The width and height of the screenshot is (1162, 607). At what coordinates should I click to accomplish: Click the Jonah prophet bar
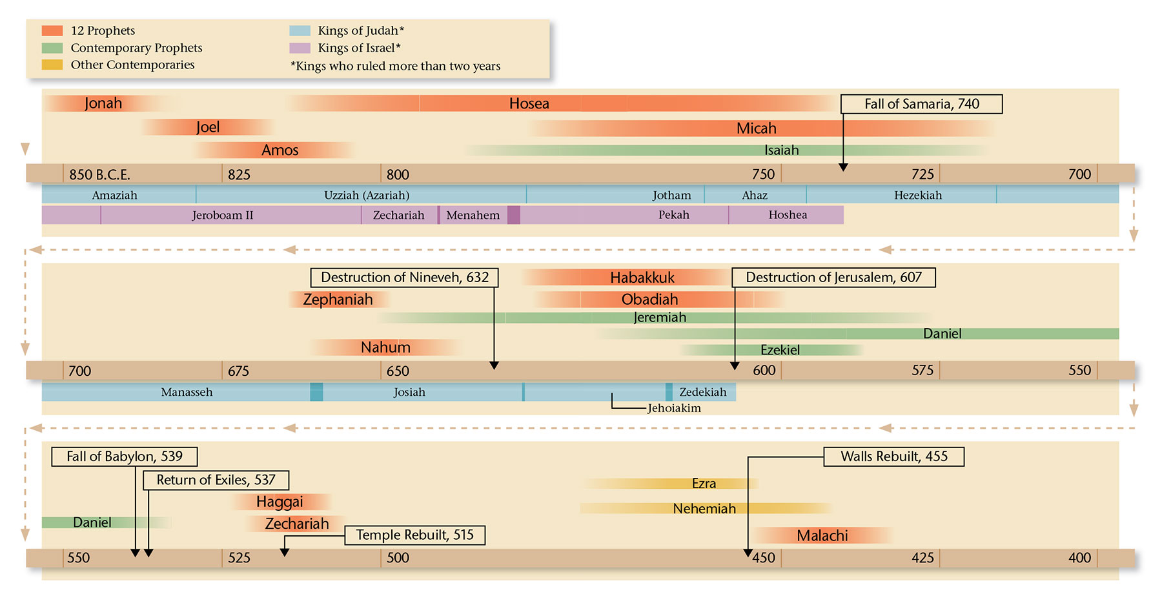click(x=103, y=103)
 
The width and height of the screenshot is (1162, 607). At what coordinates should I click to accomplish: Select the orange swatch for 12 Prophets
click(x=52, y=30)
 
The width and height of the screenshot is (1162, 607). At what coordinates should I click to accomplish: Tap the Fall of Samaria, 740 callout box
click(x=921, y=104)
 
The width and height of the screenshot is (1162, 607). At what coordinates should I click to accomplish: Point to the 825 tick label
click(x=239, y=174)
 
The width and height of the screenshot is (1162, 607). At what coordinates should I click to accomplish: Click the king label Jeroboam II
click(x=223, y=215)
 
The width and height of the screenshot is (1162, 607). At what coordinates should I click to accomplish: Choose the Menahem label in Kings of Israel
click(x=473, y=215)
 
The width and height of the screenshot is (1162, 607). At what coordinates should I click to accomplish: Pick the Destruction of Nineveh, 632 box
click(x=405, y=278)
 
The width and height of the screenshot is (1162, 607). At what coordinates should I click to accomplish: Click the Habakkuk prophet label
click(x=642, y=278)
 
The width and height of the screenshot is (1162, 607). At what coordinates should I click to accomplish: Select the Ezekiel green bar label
click(x=780, y=350)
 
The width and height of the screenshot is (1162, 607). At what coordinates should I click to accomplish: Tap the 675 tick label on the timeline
click(x=238, y=371)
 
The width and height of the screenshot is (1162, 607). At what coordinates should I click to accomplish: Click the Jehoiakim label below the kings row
click(x=674, y=408)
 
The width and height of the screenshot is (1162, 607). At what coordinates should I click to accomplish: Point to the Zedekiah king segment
click(x=703, y=392)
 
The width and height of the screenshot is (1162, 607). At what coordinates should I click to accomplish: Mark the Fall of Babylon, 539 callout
click(x=125, y=457)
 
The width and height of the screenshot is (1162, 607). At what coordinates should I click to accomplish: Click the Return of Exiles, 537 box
click(x=216, y=480)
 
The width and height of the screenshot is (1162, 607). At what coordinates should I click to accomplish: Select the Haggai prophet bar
click(x=280, y=502)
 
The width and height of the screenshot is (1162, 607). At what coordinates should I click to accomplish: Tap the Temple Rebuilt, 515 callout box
click(x=414, y=535)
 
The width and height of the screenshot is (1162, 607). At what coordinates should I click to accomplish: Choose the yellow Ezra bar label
click(x=704, y=484)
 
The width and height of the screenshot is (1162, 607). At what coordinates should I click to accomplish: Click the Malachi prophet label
click(x=822, y=535)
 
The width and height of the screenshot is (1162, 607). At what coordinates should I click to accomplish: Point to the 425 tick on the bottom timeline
click(x=922, y=558)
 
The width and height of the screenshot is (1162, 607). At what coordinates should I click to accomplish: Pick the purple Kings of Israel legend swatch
click(x=300, y=48)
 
